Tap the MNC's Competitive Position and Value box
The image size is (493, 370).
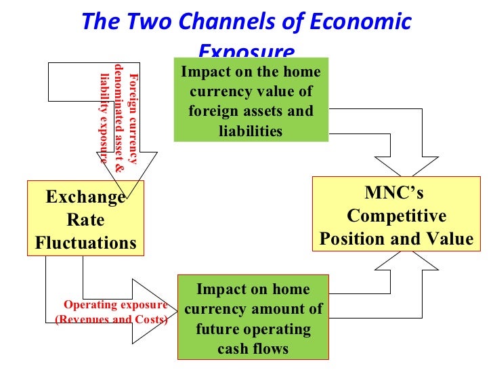[x=395, y=215]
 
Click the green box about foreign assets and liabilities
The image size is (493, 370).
[x=251, y=100]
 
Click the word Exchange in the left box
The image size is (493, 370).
[x=85, y=197]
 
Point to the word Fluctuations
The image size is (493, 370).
[x=85, y=242]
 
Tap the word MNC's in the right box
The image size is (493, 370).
[x=394, y=193]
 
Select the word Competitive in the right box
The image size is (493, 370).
[x=396, y=216]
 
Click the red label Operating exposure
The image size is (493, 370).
[x=115, y=304]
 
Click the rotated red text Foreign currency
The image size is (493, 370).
[x=133, y=119]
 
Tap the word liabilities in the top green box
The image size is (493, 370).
[x=251, y=131]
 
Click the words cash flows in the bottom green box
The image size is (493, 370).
[x=253, y=349]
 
